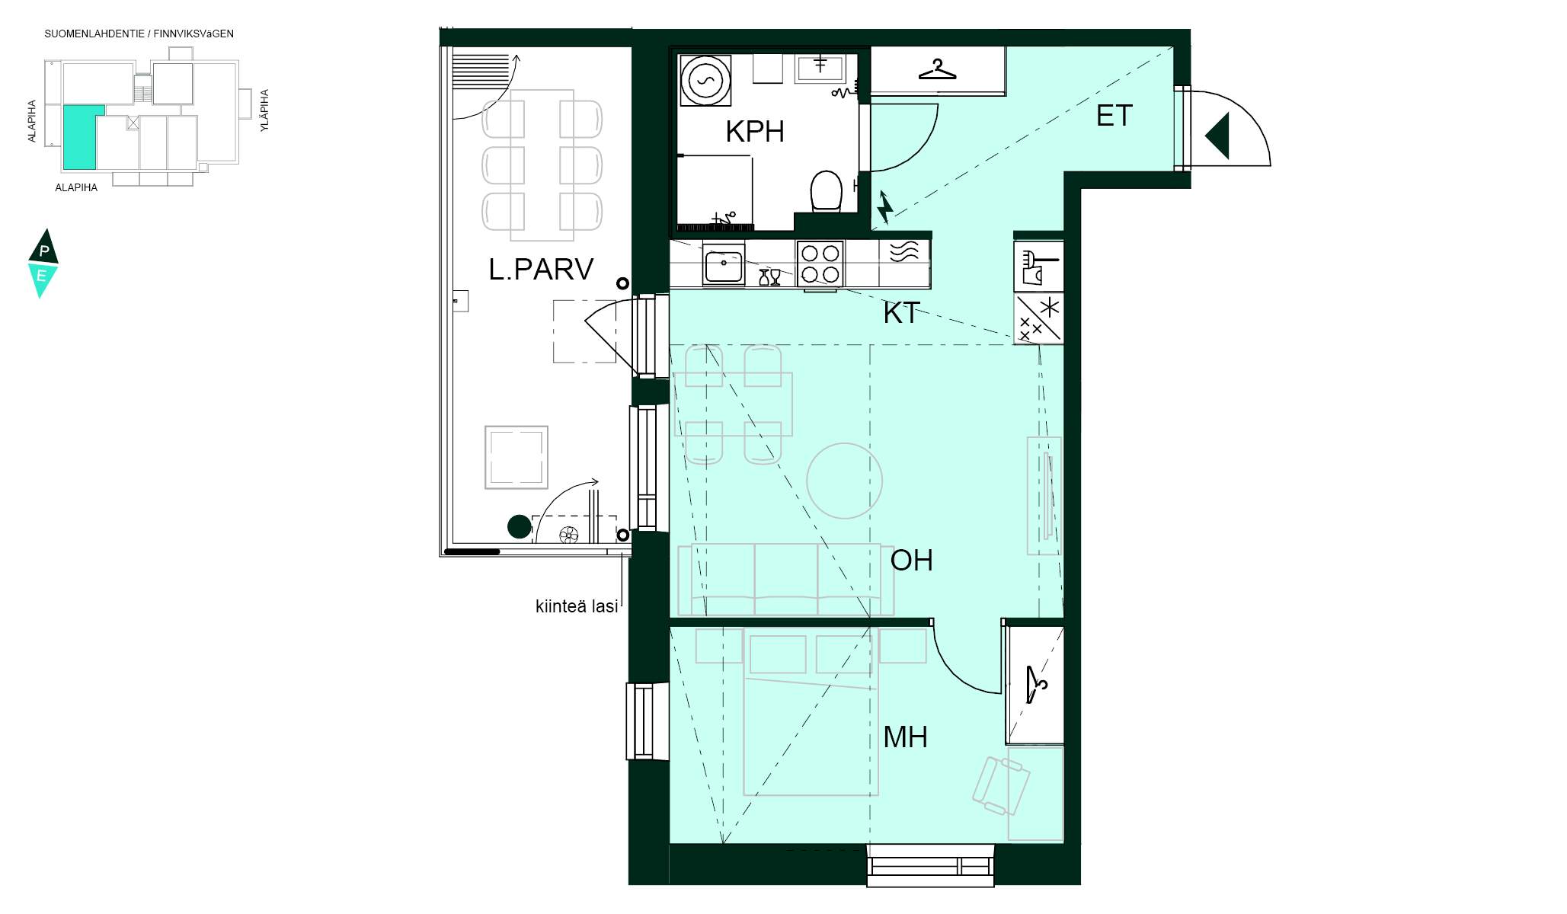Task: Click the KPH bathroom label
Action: tap(754, 132)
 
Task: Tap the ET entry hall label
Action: tap(1114, 116)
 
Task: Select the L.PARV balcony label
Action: tap(541, 270)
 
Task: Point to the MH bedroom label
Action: tap(905, 737)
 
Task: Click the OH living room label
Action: tap(911, 561)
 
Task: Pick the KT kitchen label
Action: tap(901, 313)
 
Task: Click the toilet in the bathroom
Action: tap(826, 190)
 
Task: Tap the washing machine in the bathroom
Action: tap(705, 80)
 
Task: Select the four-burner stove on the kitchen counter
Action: tap(820, 264)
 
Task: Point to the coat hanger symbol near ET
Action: tap(937, 69)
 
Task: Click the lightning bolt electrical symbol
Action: tap(884, 207)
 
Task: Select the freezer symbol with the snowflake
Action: tap(1038, 318)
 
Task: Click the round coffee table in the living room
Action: tap(844, 481)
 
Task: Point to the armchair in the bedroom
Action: tap(1001, 785)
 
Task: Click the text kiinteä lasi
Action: tap(577, 607)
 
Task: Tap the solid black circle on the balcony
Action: tap(520, 526)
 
